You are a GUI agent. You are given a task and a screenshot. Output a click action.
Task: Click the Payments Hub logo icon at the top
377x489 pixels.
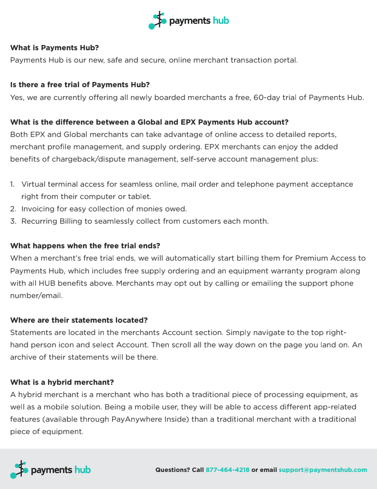[157, 21]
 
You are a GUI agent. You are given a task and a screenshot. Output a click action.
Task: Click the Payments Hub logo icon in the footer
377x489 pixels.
[19, 470]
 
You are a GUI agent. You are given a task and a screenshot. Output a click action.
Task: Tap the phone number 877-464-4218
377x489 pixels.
[227, 470]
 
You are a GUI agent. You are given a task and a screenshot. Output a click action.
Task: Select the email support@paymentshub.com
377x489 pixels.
[322, 470]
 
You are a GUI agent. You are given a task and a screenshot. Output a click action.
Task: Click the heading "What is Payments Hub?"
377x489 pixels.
[55, 48]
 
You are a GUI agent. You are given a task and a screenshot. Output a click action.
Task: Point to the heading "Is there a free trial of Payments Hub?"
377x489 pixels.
[80, 85]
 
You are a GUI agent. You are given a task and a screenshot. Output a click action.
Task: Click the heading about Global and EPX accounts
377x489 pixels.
[149, 122]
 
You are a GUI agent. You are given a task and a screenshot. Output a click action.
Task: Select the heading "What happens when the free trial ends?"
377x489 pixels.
[85, 246]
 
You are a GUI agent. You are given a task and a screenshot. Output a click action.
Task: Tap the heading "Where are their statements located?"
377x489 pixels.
[79, 320]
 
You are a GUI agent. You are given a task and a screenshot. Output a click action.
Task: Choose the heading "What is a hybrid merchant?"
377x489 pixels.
[62, 382]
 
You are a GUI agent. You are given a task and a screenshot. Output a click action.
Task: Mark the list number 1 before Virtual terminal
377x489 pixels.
[12, 184]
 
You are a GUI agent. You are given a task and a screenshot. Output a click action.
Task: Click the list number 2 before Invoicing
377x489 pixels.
[13, 208]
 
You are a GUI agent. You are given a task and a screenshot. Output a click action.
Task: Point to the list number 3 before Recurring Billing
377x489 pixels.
[13, 221]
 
